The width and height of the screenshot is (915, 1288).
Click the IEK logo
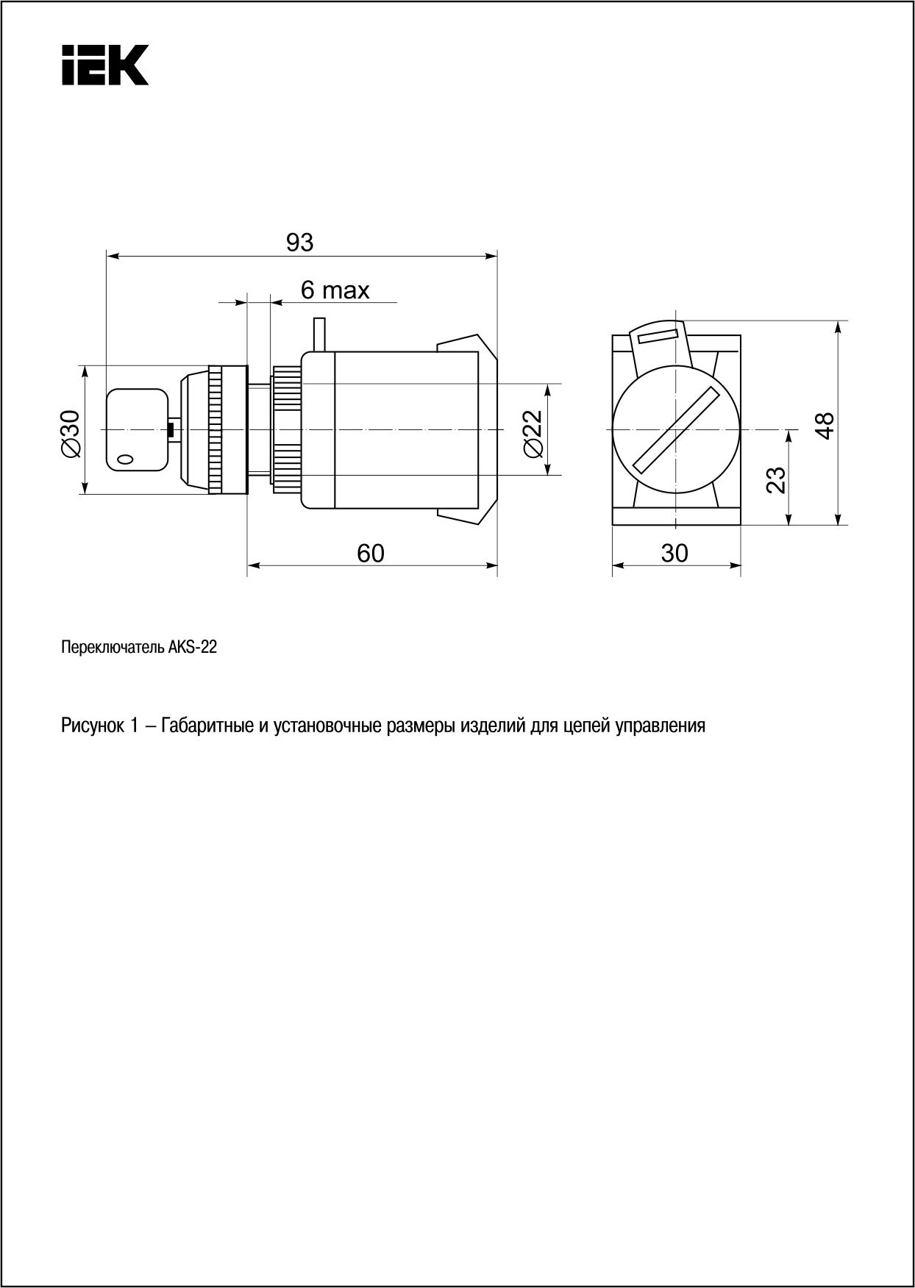(104, 65)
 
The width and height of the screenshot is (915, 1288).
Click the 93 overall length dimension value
(299, 242)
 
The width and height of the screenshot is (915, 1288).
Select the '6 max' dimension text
(335, 290)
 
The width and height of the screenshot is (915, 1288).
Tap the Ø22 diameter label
(532, 432)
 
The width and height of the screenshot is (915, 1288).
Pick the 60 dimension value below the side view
(371, 553)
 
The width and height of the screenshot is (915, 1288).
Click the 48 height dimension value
(825, 425)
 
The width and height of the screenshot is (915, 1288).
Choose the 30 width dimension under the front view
(674, 553)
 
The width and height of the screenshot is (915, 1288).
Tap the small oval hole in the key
(126, 459)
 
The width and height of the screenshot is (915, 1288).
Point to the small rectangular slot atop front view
(658, 337)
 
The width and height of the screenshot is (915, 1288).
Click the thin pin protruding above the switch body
(319, 334)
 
